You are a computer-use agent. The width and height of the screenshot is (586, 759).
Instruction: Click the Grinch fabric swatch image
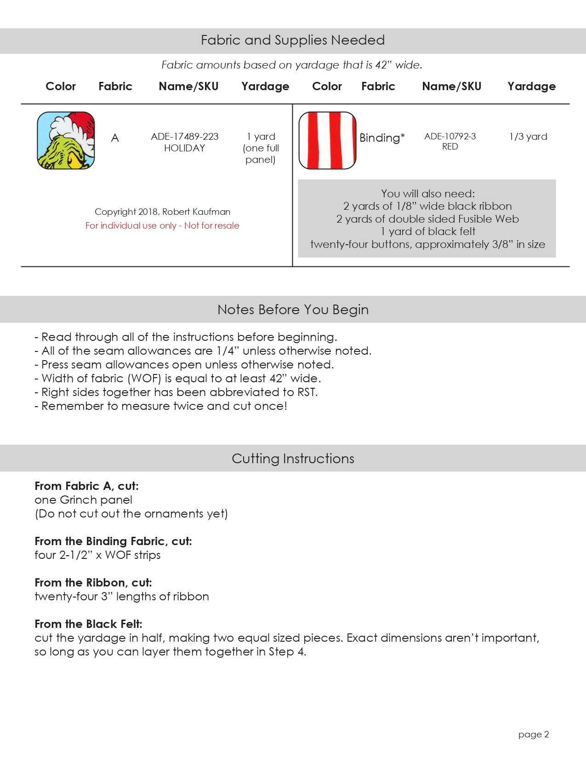(x=66, y=140)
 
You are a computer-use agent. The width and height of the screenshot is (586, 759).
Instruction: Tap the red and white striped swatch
(x=327, y=140)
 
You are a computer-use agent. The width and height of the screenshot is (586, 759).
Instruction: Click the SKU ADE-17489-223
(x=184, y=137)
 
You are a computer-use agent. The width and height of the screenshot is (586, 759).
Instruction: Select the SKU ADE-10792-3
(x=450, y=136)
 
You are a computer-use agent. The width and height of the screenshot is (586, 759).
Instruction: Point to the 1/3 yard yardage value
(x=528, y=137)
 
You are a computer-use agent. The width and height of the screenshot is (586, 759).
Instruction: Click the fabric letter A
(x=115, y=138)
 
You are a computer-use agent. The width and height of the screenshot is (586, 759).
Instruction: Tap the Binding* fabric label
(x=382, y=138)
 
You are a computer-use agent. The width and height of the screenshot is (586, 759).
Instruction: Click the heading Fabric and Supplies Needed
(x=293, y=40)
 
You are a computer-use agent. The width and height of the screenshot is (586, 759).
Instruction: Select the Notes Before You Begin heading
(x=293, y=310)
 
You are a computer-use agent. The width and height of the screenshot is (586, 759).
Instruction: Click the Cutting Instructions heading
(x=293, y=459)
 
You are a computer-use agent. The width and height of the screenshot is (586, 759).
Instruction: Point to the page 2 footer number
(x=534, y=735)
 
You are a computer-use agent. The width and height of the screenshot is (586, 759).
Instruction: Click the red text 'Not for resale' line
(x=162, y=226)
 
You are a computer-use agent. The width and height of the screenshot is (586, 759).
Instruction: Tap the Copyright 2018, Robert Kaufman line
(x=162, y=212)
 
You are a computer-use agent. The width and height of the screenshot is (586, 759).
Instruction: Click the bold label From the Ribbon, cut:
(x=93, y=583)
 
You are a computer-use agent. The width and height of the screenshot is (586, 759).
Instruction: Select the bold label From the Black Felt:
(x=88, y=624)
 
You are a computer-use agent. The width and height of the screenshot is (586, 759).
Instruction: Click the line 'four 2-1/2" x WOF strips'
(x=97, y=555)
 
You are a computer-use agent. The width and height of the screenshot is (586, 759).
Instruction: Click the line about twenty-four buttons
(x=427, y=244)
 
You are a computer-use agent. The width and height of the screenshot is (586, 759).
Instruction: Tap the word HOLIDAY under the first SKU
(x=184, y=148)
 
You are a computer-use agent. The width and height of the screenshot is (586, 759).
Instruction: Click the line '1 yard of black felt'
(x=427, y=231)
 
